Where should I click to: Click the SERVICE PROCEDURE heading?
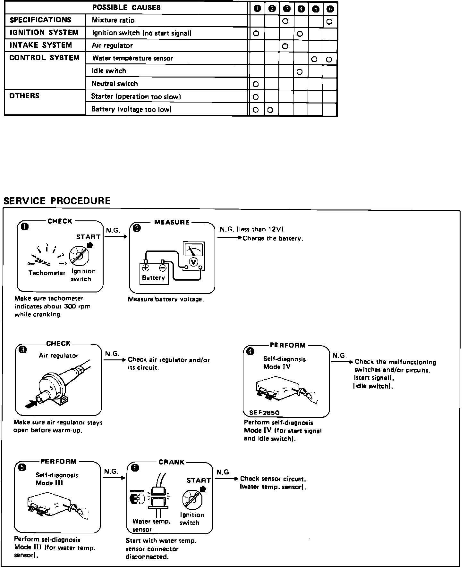57,201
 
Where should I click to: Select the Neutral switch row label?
115,84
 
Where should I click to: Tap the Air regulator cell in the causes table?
112,46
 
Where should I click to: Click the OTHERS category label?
24,96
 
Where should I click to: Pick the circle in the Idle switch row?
300,72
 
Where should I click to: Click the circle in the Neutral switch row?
256,84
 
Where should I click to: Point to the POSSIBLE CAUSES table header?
126,8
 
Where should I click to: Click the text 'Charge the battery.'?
273,239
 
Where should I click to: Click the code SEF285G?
262,413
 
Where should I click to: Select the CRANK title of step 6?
172,462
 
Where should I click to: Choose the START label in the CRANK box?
199,481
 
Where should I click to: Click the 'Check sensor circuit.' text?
273,479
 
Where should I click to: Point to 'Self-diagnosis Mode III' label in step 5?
56,479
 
